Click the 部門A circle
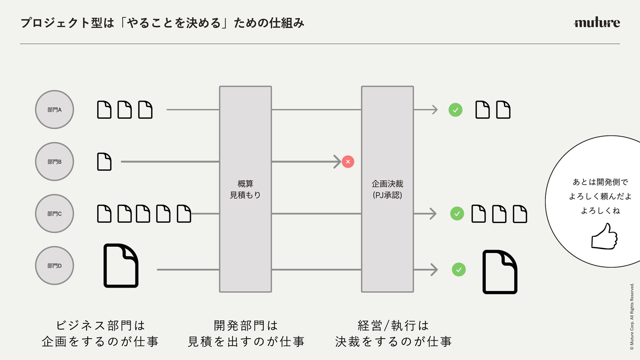pos(54,110)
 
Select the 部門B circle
pos(54,162)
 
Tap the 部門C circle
pos(54,214)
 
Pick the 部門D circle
pos(54,266)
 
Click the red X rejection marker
pos(348,162)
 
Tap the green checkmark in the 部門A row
pos(455,110)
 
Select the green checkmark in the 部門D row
pos(459,270)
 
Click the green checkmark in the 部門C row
pos(457,214)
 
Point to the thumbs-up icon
pos(604,237)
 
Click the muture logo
pos(597,22)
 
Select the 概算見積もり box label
pos(245,189)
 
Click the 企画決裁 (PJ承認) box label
pos(387,189)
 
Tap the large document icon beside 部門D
pos(121,266)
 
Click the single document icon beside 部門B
pos(104,162)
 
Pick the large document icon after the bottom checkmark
pos(500,272)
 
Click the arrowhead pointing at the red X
pos(337,162)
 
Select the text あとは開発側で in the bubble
pos(600,182)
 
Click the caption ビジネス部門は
pos(100,325)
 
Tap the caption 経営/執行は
pos(393,325)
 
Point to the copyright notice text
pos(632,316)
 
